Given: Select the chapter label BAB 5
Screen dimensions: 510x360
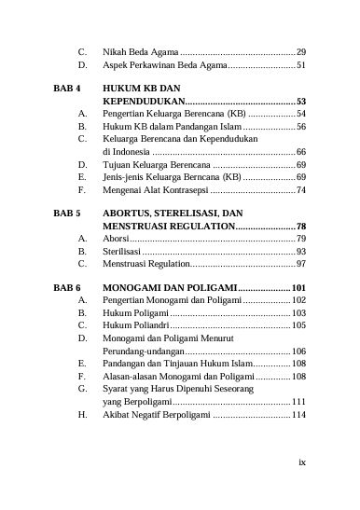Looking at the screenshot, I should (65, 214).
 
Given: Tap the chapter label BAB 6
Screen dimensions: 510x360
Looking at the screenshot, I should (65, 287).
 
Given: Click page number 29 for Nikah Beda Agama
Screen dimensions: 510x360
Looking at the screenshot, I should (301, 50).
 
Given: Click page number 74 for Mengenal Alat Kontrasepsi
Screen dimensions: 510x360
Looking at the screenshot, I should (301, 189).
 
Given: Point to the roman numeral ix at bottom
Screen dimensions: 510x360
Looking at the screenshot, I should (302, 461).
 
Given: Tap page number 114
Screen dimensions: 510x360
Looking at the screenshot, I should (299, 416).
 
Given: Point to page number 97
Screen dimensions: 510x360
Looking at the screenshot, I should (301, 266).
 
